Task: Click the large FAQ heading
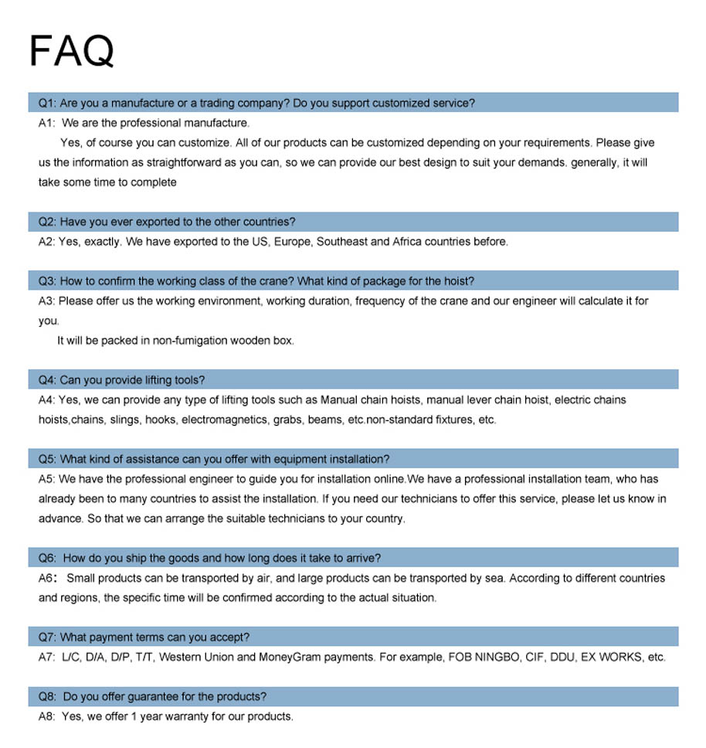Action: click(x=71, y=51)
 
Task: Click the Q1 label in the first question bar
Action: click(x=46, y=103)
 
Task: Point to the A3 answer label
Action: click(x=46, y=301)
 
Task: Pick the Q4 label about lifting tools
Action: click(x=46, y=380)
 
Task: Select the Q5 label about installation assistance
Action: click(x=46, y=459)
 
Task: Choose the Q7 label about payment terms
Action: click(x=46, y=637)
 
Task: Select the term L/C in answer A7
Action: click(x=70, y=658)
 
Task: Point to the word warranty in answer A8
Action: click(x=175, y=716)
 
